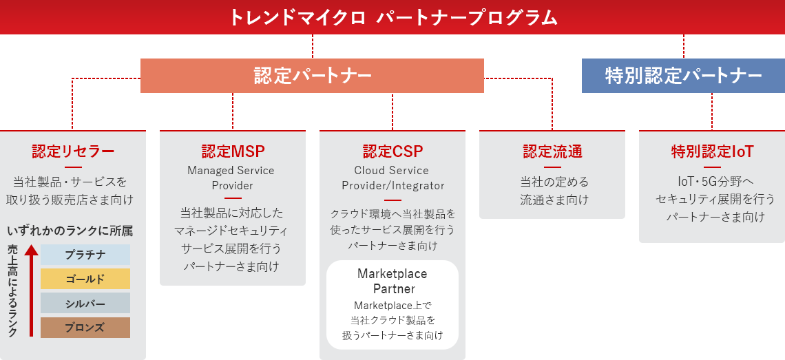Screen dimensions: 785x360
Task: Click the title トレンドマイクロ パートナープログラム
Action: tap(393, 18)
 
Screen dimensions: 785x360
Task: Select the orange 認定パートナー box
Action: tap(312, 76)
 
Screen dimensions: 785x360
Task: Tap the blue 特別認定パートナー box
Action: tap(683, 76)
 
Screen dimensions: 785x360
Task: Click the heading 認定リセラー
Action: tap(73, 151)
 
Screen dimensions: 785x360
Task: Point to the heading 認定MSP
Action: tap(233, 151)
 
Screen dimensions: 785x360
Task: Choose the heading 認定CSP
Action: tap(392, 151)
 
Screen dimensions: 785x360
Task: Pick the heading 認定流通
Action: tap(552, 151)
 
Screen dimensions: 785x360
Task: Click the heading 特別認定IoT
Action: tap(713, 151)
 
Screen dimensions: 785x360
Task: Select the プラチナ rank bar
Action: tap(85, 255)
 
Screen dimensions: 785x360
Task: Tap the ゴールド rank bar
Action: tap(85, 279)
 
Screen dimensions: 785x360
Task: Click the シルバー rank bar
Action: tap(85, 303)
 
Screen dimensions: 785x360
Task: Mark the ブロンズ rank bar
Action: tap(85, 328)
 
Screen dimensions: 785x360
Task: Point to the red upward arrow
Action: tap(31, 290)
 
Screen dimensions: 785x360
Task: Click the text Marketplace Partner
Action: tap(392, 282)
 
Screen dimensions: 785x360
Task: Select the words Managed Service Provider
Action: tap(231, 178)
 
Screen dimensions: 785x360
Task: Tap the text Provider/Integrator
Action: tap(393, 185)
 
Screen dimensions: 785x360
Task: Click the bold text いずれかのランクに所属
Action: tap(70, 231)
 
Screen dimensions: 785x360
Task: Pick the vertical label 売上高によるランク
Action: tap(12, 290)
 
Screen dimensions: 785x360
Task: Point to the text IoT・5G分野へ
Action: tap(712, 181)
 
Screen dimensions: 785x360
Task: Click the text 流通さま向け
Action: tap(554, 200)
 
